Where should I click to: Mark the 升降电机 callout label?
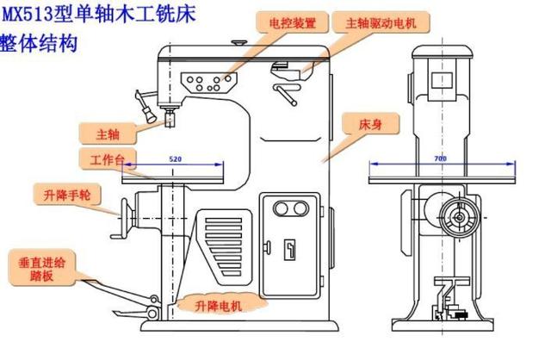click(x=218, y=304)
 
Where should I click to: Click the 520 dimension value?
click(x=176, y=160)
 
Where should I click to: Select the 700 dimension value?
click(x=441, y=159)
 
